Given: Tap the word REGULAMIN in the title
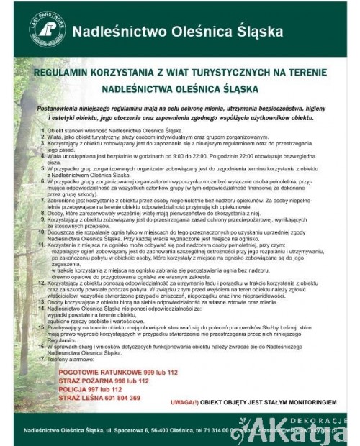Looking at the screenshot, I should pyautogui.click(x=63, y=74).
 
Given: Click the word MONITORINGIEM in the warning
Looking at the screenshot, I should pyautogui.click(x=306, y=400).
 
